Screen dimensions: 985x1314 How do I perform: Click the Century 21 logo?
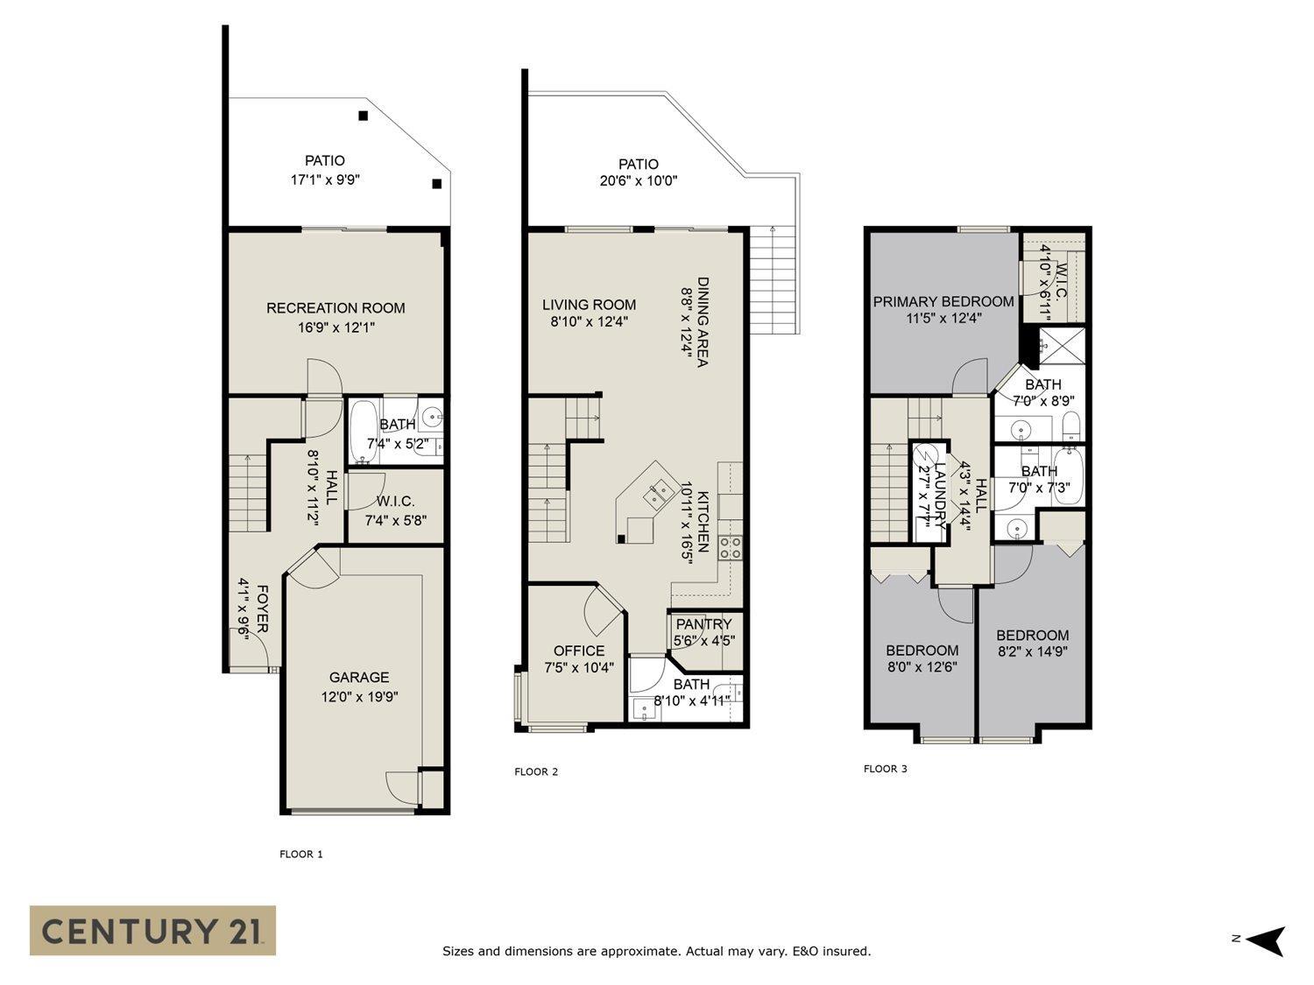[x=152, y=930]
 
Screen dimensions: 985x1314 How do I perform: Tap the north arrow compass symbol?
[x=1264, y=941]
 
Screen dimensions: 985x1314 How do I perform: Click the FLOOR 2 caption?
[x=535, y=771]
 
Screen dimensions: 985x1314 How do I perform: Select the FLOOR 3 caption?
[x=886, y=769]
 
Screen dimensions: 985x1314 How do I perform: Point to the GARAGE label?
[x=358, y=677]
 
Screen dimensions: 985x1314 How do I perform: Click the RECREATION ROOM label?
[x=336, y=308]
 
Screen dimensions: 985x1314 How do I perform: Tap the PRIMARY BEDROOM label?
[x=943, y=301]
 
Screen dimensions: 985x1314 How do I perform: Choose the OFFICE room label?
[x=579, y=651]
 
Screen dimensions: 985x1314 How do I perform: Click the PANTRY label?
[x=703, y=624]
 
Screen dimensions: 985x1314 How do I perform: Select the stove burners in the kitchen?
[x=731, y=547]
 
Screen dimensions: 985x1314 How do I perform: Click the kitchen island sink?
[x=658, y=495]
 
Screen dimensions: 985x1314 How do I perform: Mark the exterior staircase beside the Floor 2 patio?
[x=774, y=280]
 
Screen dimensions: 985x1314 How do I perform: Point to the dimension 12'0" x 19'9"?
[x=358, y=697]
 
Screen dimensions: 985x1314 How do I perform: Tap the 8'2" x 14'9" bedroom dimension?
[x=1032, y=651]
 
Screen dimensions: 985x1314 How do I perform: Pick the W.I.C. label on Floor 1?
[x=395, y=501]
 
